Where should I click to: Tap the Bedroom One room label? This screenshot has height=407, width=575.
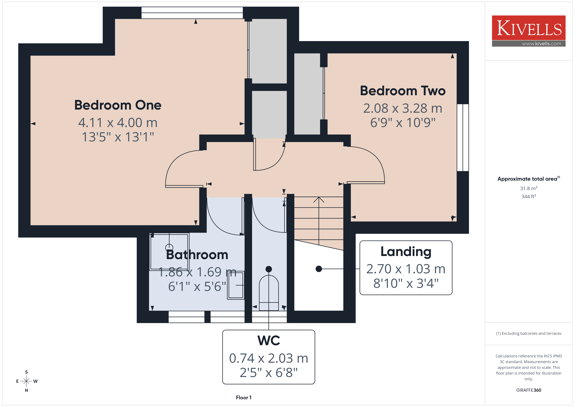118,105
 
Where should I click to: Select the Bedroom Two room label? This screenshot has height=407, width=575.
403,91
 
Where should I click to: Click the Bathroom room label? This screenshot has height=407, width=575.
197,255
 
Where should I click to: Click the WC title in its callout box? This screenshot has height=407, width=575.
269,340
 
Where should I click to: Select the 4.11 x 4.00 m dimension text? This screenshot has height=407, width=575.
118,123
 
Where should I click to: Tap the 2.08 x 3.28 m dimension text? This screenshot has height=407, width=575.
403,108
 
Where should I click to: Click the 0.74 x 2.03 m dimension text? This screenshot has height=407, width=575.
269,358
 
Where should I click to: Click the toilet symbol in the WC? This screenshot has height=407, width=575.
269,293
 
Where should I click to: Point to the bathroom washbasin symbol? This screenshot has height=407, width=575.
236,285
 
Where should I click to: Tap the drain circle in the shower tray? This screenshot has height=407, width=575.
169,248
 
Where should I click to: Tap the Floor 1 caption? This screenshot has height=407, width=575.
243,398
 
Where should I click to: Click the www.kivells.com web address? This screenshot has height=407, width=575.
541,44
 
